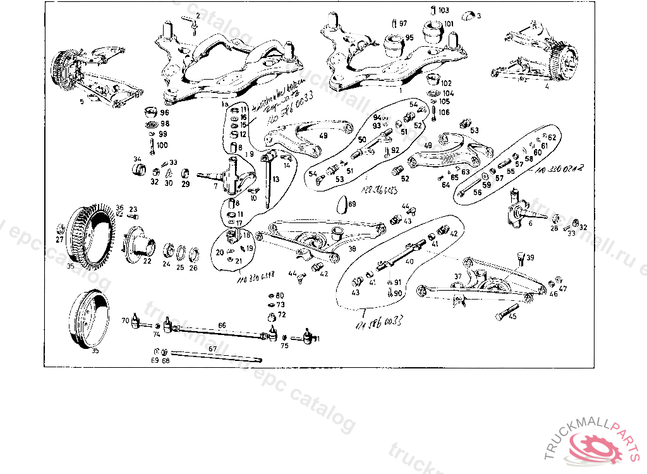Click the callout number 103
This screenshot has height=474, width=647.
444,11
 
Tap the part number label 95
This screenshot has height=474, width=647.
409,37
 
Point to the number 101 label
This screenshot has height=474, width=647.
449,25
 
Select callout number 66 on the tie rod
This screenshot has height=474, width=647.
222,325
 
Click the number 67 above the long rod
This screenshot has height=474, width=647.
212,348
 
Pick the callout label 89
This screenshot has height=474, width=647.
353,204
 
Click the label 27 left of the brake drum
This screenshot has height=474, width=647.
59,240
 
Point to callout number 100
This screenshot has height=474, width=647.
163,145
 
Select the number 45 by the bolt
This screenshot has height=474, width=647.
512,317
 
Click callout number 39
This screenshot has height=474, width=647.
530,258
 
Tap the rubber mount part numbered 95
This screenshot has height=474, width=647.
393,46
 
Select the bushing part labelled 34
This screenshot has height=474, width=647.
137,169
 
